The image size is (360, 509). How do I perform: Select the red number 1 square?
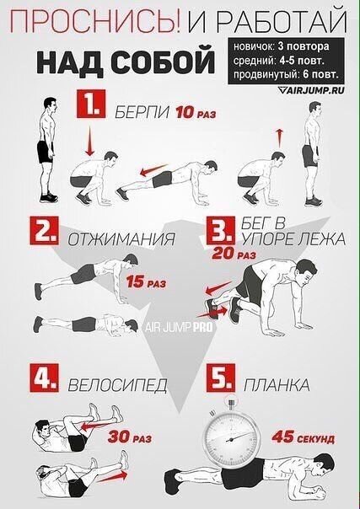pyautogui.click(x=91, y=104)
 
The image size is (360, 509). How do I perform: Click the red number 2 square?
pyautogui.click(x=44, y=230)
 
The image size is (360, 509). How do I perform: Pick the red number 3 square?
pyautogui.click(x=221, y=230)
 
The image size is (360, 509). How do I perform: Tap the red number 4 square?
pyautogui.click(x=44, y=378)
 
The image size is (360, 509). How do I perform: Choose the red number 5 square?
pyautogui.click(x=221, y=378)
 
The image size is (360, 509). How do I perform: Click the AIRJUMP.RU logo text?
pyautogui.click(x=312, y=90)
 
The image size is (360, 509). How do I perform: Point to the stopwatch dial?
pyautogui.click(x=231, y=439)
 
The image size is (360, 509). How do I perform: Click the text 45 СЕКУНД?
pyautogui.click(x=303, y=437)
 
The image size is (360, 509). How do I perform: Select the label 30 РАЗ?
pyautogui.click(x=130, y=437)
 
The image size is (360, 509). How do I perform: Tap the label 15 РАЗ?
pyautogui.click(x=146, y=281)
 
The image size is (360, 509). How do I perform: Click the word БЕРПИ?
pyautogui.click(x=142, y=113)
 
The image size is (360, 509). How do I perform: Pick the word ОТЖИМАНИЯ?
pyautogui.click(x=121, y=239)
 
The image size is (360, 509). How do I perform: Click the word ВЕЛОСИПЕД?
pyautogui.click(x=117, y=386)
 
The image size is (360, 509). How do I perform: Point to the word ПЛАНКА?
pyautogui.click(x=277, y=385)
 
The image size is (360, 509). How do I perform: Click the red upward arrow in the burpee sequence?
pyautogui.click(x=279, y=137)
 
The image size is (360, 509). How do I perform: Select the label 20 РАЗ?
pyautogui.click(x=234, y=254)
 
